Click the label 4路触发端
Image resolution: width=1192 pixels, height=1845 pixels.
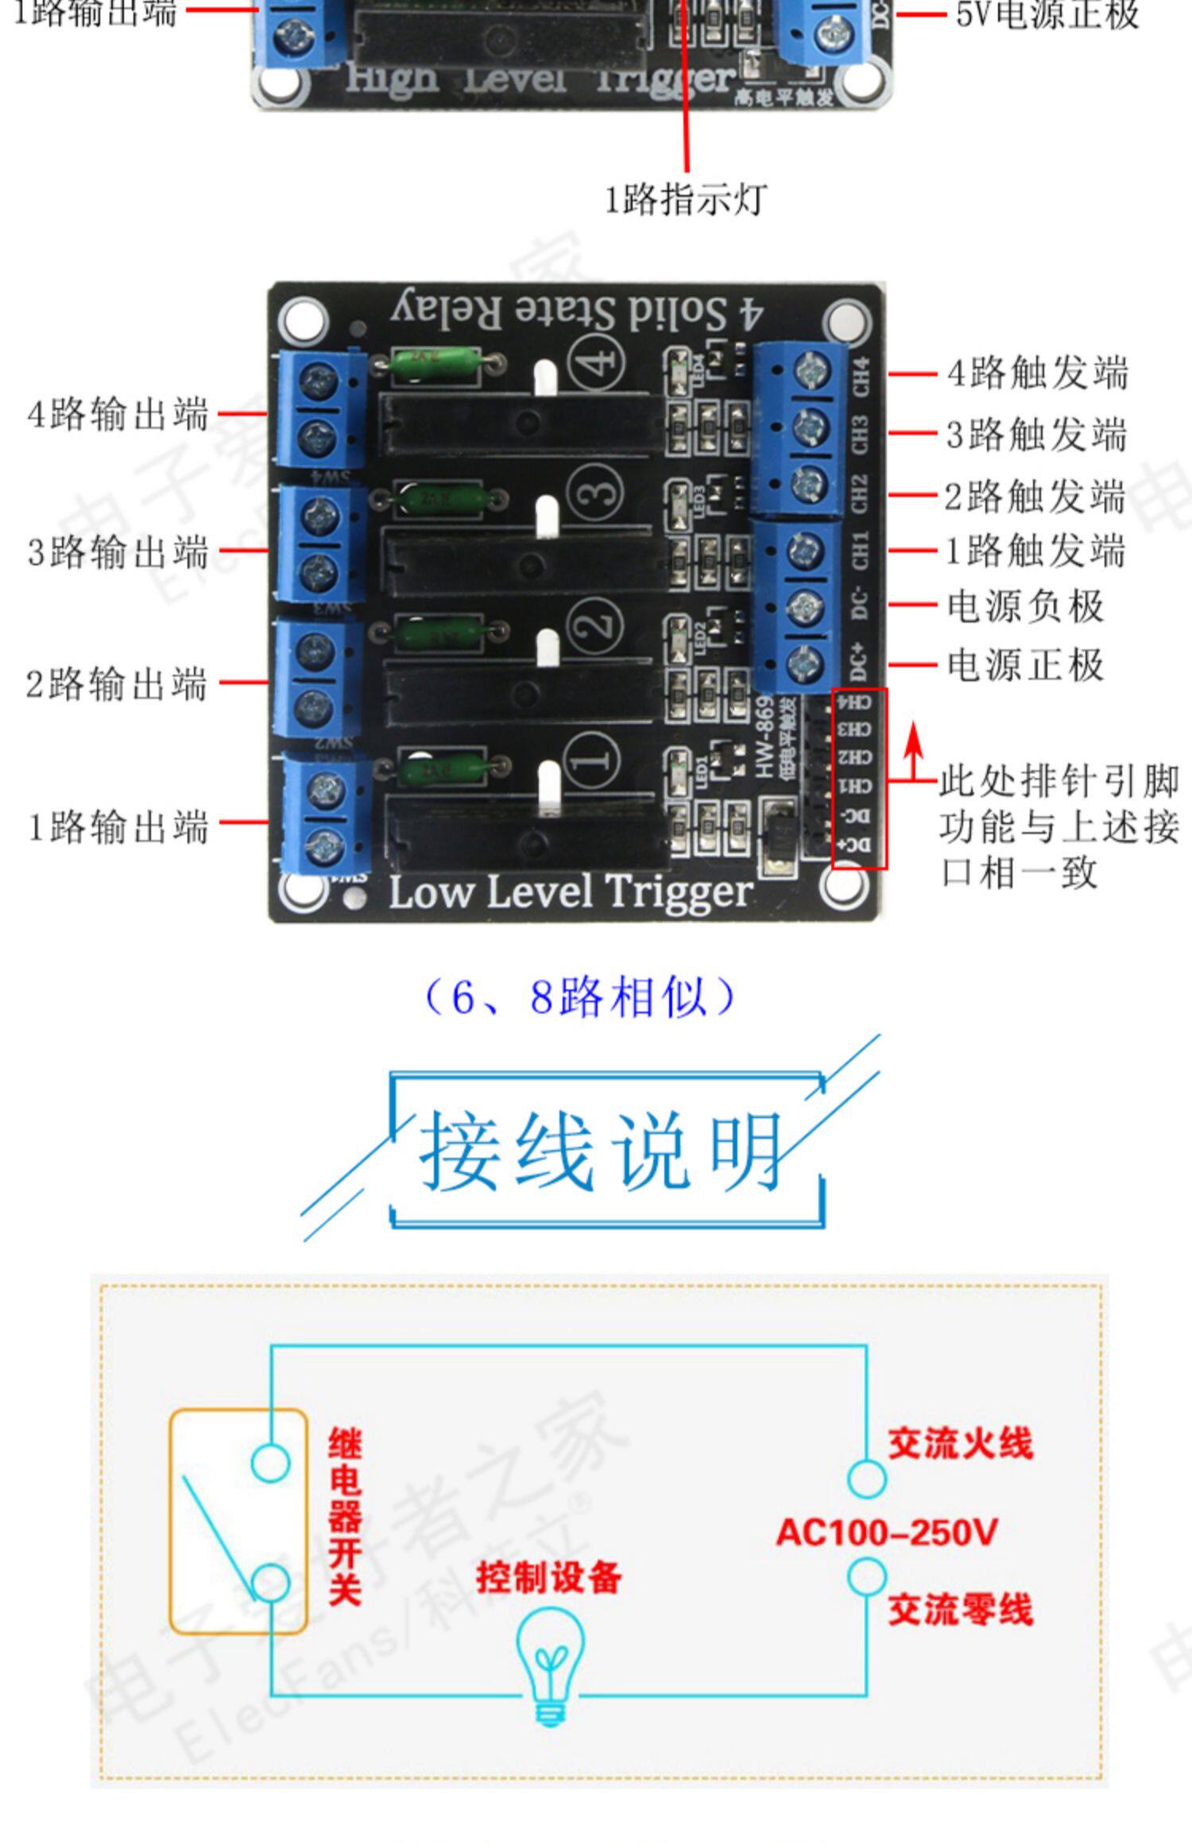point(1037,373)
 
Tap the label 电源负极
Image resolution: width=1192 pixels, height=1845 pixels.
point(1025,606)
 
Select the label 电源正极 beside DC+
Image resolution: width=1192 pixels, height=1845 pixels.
point(1025,664)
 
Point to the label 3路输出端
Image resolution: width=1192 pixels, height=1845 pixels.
point(118,551)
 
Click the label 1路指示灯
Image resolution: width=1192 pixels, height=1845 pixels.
point(686,199)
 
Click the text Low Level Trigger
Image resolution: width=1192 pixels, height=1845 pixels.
point(570,892)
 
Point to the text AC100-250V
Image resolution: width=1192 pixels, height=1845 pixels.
point(886,1532)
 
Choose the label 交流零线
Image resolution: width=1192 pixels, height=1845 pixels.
point(960,1609)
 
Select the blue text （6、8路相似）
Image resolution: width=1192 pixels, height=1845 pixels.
point(580,997)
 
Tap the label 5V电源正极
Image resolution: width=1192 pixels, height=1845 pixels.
point(1047,14)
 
